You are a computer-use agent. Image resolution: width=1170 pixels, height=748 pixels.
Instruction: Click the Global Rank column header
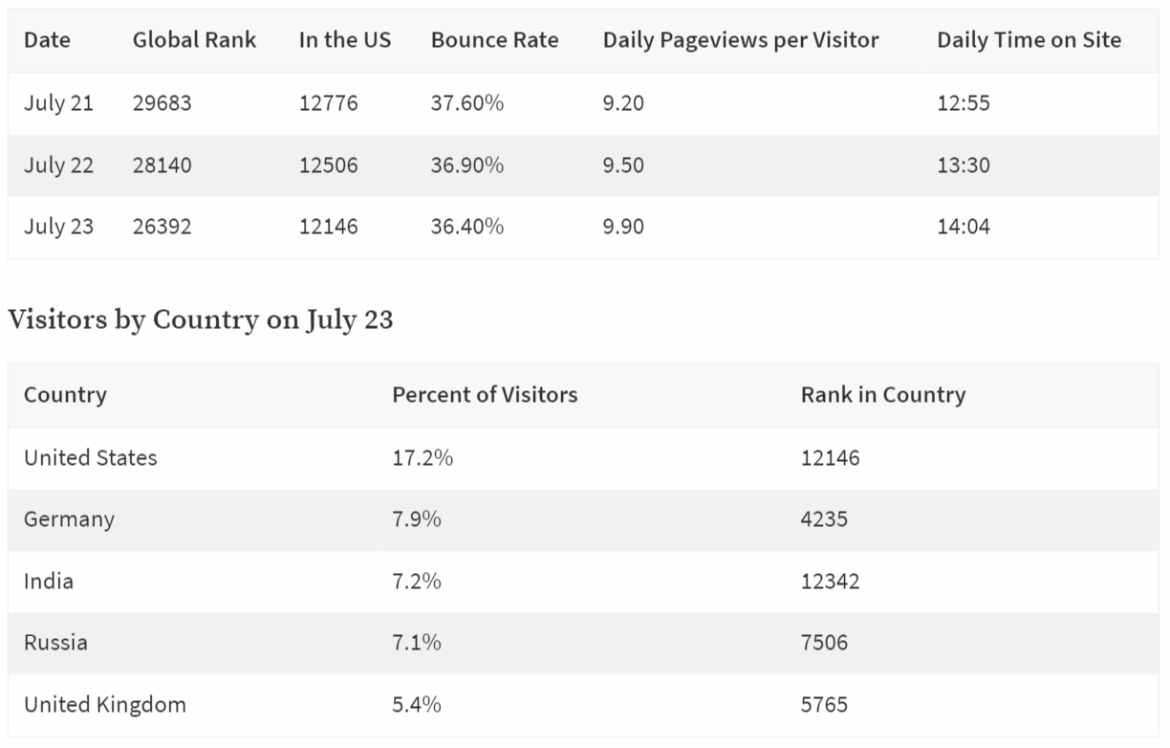[x=194, y=40]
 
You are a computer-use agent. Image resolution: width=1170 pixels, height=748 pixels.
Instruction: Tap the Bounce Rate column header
[x=494, y=40]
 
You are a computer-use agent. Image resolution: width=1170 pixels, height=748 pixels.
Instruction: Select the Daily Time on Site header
[x=1029, y=40]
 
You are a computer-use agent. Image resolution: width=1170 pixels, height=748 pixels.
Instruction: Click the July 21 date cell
[x=58, y=103]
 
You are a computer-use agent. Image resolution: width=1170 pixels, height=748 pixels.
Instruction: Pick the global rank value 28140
[x=162, y=165]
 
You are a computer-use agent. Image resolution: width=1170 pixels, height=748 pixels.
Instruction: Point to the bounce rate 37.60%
[x=467, y=103]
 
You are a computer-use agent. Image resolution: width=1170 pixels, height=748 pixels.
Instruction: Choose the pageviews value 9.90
[x=623, y=227]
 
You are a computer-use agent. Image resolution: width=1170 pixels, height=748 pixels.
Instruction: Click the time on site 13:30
[x=964, y=165]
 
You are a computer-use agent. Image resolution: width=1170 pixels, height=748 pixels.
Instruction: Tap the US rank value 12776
[x=328, y=103]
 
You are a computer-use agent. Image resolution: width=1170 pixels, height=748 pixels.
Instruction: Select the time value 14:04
[x=964, y=227]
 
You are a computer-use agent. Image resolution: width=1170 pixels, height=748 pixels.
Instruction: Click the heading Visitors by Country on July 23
[x=201, y=319]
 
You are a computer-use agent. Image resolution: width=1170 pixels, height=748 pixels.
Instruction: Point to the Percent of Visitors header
[x=485, y=395]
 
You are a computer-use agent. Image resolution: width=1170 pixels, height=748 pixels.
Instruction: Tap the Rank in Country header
[x=883, y=395]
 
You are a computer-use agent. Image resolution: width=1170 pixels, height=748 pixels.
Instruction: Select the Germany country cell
[x=69, y=519]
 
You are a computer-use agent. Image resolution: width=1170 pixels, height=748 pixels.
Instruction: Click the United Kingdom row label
[x=105, y=705]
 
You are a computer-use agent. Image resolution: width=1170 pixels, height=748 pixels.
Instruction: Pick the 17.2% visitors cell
[x=422, y=458]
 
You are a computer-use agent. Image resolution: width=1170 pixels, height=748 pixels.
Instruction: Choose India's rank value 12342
[x=830, y=582]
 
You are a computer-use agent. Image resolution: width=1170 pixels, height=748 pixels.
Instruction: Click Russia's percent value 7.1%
[x=417, y=643]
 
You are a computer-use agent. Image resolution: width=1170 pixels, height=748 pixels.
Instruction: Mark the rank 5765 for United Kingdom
[x=824, y=705]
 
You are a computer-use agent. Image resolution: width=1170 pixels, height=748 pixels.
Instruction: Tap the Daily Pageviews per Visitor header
[x=741, y=40]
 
